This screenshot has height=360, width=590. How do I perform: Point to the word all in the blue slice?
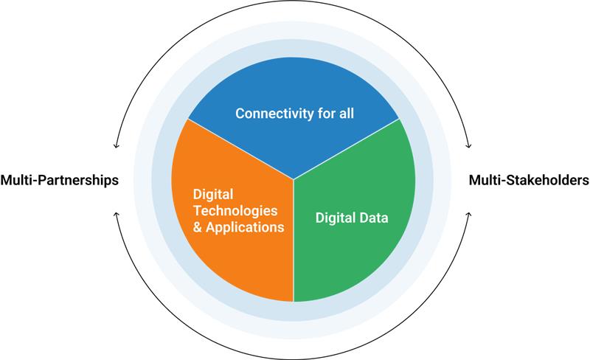coord(347,114)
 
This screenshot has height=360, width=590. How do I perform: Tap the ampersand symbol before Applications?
coord(198,228)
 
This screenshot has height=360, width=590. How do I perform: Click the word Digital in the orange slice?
coord(213,193)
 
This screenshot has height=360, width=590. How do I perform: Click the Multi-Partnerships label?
coord(60,180)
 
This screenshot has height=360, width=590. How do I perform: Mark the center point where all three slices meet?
coord(294,179)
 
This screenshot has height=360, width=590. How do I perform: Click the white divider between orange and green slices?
coord(294,243)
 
